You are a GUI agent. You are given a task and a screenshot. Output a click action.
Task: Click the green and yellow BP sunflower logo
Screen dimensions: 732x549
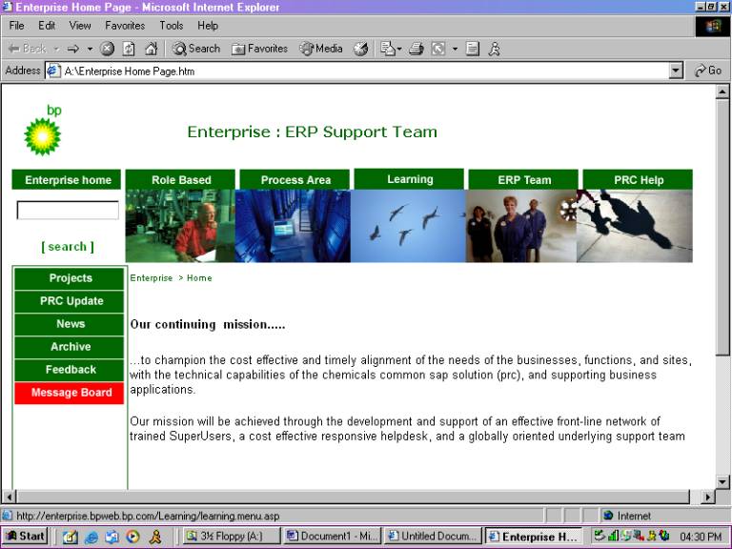pos(43,136)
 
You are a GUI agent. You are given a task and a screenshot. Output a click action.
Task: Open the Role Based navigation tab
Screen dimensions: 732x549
pos(180,180)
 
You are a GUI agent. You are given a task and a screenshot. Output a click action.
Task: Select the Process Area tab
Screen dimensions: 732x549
pos(295,180)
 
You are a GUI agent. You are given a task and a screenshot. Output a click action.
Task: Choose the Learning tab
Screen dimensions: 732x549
pos(409,179)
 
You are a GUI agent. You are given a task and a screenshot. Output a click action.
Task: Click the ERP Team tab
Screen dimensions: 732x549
pos(523,180)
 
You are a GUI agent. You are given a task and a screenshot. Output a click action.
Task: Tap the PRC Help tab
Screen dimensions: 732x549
pos(638,180)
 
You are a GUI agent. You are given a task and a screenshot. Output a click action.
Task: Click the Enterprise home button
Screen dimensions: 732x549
pos(67,180)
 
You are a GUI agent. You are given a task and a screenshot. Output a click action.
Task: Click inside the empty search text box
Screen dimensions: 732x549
pos(68,210)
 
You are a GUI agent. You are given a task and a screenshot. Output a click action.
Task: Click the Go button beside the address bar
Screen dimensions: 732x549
pos(708,71)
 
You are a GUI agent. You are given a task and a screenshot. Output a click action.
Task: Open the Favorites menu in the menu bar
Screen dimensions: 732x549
pos(125,26)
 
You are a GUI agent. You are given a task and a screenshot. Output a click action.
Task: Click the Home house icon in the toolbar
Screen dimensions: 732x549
pos(151,49)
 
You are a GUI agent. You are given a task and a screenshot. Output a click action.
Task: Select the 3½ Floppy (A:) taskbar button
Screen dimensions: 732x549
pos(231,536)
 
